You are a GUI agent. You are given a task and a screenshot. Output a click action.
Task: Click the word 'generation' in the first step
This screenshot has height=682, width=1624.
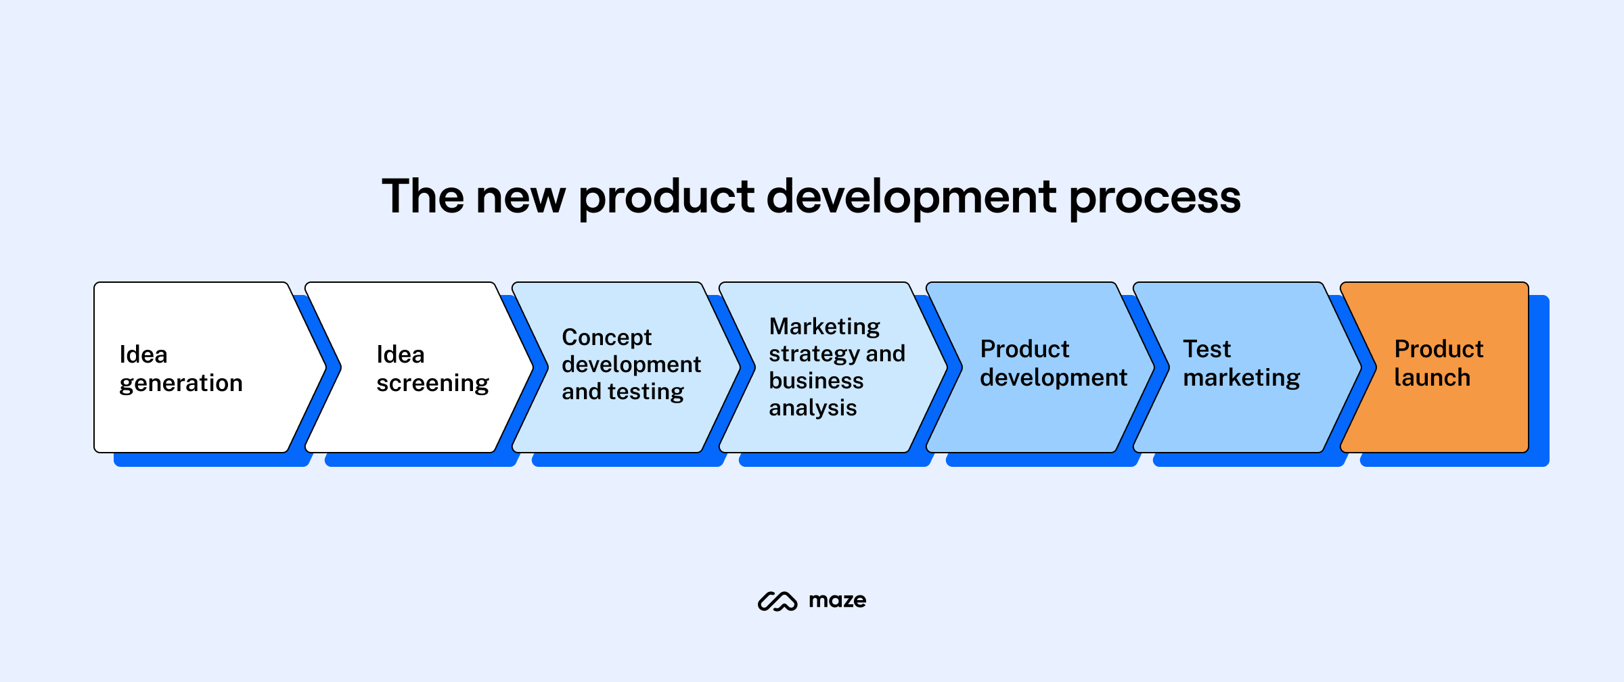(181, 384)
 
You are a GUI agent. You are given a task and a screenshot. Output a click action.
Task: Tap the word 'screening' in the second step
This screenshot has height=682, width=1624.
(432, 384)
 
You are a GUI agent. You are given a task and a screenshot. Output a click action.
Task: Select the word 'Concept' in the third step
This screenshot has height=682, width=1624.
(606, 338)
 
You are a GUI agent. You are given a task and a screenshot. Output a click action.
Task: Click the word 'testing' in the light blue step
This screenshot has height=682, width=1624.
(646, 392)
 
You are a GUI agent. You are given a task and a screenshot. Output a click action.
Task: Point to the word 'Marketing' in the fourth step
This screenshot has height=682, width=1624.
(824, 327)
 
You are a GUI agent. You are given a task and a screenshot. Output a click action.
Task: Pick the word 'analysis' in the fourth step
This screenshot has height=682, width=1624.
(813, 408)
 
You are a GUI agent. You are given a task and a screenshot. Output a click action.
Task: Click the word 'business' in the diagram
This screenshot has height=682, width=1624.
(816, 381)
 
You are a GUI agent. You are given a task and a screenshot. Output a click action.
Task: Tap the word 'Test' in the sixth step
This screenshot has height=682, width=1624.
(1206, 349)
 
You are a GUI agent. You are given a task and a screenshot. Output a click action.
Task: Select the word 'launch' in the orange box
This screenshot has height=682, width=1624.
(1432, 378)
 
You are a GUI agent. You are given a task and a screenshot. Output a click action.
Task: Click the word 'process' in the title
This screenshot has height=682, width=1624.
(1154, 198)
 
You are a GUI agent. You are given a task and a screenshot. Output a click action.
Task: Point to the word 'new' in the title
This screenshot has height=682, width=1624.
(520, 198)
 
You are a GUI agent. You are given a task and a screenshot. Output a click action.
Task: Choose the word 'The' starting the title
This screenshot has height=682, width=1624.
(423, 198)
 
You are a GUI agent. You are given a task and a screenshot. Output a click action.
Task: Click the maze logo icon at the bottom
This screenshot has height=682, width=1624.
(777, 601)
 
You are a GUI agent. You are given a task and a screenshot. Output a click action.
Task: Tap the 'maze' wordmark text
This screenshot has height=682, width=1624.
(837, 601)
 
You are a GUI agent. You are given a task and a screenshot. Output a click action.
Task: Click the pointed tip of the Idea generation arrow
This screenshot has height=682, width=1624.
(325, 368)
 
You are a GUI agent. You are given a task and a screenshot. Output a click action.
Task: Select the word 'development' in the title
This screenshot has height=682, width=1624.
(911, 198)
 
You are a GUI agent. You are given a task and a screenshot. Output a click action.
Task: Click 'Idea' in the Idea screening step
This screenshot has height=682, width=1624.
(400, 355)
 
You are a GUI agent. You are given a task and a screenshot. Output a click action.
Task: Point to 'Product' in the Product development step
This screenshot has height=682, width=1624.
(1024, 349)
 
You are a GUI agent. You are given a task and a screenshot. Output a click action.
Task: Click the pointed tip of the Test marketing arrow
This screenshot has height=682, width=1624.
(1361, 368)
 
